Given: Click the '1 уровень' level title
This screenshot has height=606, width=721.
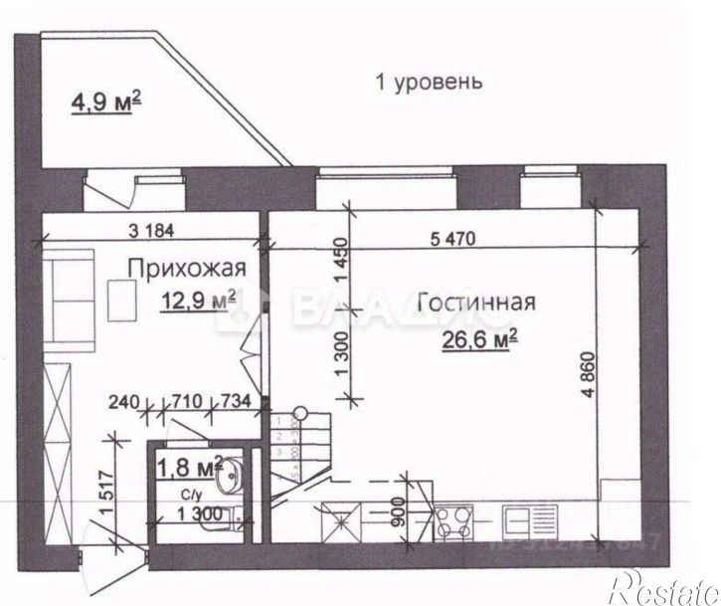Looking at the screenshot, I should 429,82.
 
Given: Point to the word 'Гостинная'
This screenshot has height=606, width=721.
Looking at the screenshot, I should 476,303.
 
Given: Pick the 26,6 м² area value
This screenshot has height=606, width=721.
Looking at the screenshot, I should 482,341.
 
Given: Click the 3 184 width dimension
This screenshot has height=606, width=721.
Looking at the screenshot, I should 151,231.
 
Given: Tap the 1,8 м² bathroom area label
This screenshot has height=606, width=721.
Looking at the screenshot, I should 187,465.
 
